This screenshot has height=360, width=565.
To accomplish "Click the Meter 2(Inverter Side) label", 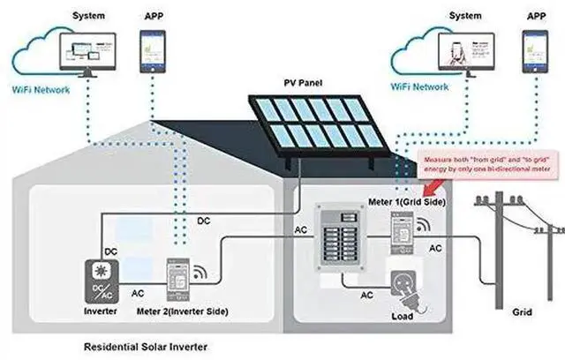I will tap(194, 311).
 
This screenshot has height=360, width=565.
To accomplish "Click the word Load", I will tap(403, 316).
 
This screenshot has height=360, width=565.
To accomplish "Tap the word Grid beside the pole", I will tap(523, 312).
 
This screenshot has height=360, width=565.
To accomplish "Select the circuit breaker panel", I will tap(341, 236).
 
